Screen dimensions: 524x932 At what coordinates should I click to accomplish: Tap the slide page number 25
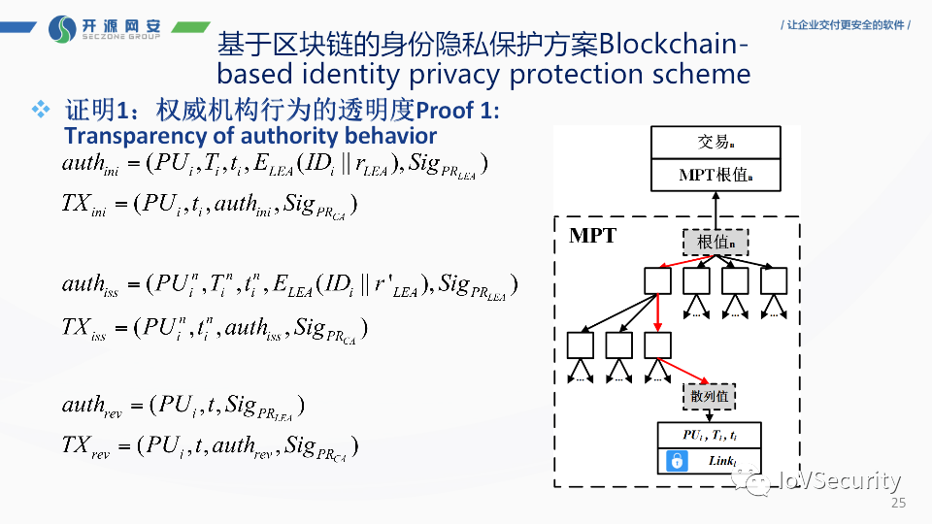click(x=897, y=504)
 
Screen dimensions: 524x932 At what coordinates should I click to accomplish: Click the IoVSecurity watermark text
click(x=841, y=481)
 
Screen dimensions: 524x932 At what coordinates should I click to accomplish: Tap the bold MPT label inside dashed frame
click(x=592, y=236)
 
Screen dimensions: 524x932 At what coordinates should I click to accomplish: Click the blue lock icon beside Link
click(x=675, y=462)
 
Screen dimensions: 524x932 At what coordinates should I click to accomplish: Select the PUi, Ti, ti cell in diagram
click(x=709, y=436)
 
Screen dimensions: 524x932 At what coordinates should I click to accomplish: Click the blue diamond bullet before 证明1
click(x=40, y=110)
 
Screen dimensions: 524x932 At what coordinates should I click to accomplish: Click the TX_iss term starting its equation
click(x=84, y=328)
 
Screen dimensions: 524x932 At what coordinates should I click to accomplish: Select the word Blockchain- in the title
click(x=674, y=45)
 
